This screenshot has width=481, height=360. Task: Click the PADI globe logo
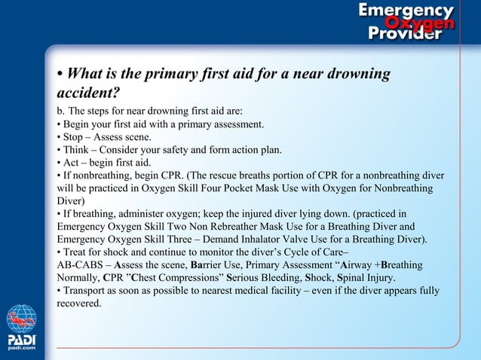pos(21,319)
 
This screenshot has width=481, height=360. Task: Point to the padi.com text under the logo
pos(21,349)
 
